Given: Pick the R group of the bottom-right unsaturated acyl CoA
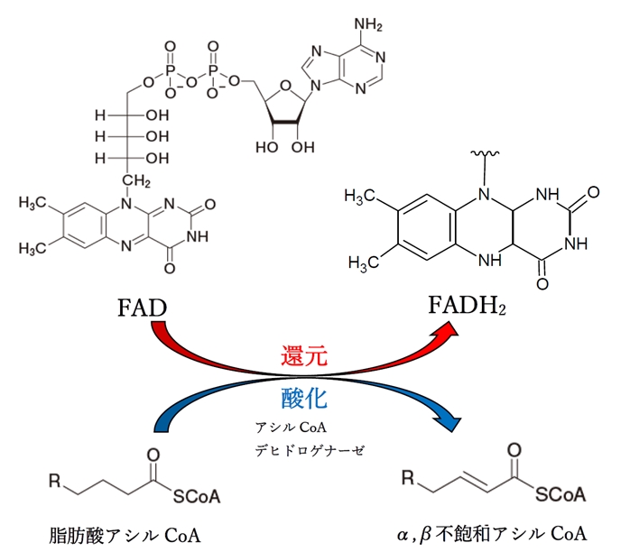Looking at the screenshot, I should click(411, 472).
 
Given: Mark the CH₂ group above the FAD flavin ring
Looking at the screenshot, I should click(137, 182).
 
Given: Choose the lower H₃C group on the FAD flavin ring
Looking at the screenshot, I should click(34, 246).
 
